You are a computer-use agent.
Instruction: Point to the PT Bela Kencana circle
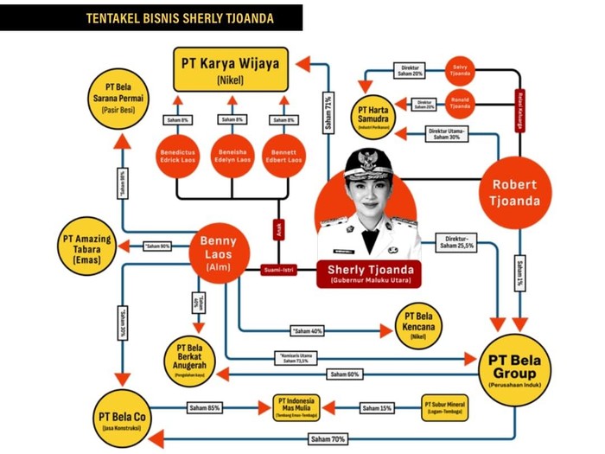pos(419,324)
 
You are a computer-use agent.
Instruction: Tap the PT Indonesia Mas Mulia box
pos(297,406)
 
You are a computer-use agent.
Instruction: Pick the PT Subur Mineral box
pos(445,406)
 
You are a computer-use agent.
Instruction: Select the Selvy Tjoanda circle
pos(461,71)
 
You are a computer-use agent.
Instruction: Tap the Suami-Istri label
pos(278,271)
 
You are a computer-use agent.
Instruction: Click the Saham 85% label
pos(205,407)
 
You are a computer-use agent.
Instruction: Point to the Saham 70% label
pos(328,439)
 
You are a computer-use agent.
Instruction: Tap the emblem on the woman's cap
pos(364,161)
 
